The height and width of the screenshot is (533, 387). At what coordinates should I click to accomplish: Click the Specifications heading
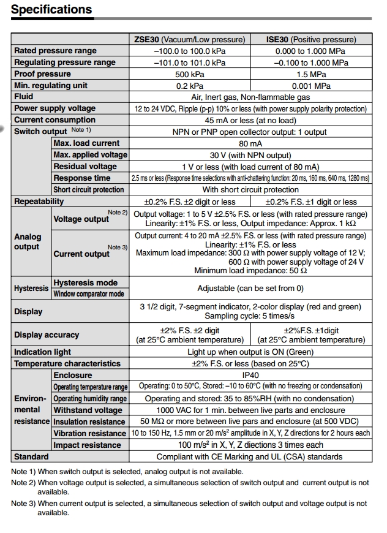tap(51, 10)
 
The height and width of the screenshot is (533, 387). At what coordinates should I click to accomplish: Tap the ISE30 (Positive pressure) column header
tap(310, 39)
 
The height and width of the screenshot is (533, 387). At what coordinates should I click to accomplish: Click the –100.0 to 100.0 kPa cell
tap(190, 51)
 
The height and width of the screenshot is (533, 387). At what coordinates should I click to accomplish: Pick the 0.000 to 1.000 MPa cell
tap(310, 51)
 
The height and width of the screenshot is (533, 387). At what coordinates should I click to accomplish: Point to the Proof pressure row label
tap(42, 74)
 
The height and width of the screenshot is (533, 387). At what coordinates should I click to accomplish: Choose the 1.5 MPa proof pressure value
tap(310, 74)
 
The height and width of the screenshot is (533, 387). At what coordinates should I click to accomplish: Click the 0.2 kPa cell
tap(190, 86)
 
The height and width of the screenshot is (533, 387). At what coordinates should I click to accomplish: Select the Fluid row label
tap(24, 97)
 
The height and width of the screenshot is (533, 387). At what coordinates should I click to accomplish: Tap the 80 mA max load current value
tap(250, 143)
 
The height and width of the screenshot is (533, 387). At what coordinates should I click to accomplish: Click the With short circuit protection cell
tap(250, 190)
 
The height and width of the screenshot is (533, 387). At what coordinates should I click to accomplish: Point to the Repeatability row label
tap(39, 202)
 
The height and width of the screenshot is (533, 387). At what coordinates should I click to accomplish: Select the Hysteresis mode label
tap(85, 282)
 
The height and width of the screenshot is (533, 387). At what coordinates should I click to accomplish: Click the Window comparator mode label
tap(89, 294)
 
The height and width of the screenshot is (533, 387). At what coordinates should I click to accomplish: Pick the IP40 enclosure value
tap(250, 375)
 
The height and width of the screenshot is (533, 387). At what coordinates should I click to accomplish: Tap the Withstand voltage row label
tap(88, 410)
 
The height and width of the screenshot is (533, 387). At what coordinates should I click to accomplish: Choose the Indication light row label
tap(42, 352)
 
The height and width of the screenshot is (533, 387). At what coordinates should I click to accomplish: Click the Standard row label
tap(31, 456)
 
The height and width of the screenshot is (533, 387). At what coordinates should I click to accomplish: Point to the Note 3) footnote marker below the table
tap(23, 504)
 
